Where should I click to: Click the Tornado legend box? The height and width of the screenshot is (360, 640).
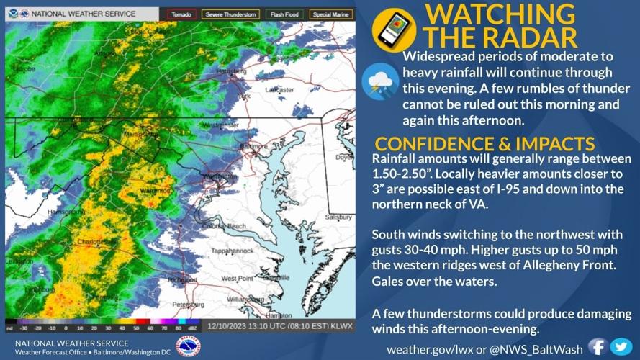[x=181, y=14]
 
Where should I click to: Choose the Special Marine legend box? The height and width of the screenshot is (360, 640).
[x=331, y=14]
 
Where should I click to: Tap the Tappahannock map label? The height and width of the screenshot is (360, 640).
[x=230, y=252]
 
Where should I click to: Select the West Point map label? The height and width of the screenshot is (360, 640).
[x=237, y=278]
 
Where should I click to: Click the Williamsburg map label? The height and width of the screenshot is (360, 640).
[x=246, y=299]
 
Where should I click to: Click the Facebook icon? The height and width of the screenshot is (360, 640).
[x=598, y=346]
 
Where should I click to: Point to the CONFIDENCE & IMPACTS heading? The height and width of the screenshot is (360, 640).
[x=484, y=143]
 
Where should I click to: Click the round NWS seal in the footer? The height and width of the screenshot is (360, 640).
[x=188, y=346]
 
